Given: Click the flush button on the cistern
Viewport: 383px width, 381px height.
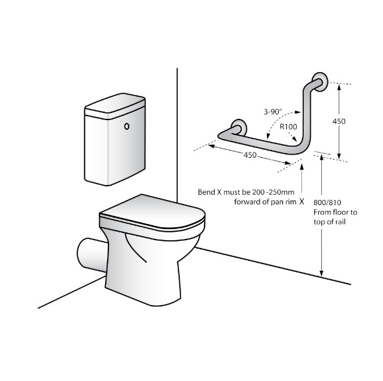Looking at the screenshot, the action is coord(127,127).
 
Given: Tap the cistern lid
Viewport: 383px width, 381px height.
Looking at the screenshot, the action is coord(115,106).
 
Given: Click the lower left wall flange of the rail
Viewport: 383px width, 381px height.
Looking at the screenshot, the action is coord(239,127).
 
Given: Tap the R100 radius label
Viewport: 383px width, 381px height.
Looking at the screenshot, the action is coord(288,127).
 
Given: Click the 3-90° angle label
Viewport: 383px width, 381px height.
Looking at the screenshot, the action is coord(273,112).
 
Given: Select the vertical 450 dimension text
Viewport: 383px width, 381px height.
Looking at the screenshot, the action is coord(339,121).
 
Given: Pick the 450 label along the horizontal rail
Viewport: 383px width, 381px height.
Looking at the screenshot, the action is coord(250,155).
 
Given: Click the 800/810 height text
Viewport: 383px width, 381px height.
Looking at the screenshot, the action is coord(327,203).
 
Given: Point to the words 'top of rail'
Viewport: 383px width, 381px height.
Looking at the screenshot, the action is coord(330,222).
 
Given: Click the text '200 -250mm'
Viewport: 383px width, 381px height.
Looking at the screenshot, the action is coord(273,192).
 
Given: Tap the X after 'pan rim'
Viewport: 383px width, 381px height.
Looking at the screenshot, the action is coord(302,202).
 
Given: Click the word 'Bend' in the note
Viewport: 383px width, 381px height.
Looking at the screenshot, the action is coord(206,192).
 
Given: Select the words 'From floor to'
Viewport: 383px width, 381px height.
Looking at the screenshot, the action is coord(336,212).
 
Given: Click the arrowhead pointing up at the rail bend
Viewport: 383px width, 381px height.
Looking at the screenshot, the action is coord(302,167).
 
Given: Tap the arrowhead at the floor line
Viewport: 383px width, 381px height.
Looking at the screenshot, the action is coord(322,273).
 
